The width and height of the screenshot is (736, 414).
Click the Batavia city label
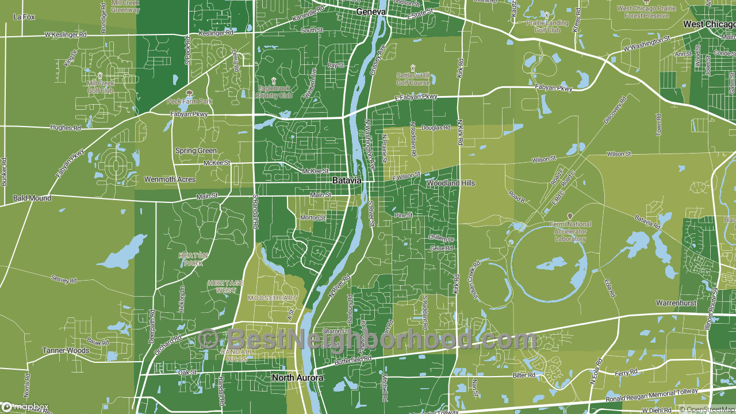coord(347,181)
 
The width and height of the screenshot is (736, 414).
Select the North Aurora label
coord(297,378)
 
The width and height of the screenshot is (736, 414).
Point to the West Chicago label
coord(709,25)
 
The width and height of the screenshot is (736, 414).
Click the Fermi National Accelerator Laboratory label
coord(570,231)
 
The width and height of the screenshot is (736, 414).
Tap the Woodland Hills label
coord(451,183)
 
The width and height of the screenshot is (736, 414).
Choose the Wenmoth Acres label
coord(170,179)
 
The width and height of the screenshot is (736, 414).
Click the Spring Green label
coord(195,151)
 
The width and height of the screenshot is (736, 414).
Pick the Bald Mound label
coord(32,198)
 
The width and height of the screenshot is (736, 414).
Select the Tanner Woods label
coord(66,350)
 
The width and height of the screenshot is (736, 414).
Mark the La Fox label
coord(24,17)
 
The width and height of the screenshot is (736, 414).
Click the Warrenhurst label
coord(676,302)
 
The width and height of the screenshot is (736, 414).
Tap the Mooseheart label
coord(273,298)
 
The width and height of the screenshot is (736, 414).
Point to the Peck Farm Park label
coord(190,101)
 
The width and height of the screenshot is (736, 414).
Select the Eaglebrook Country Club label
coord(275,92)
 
